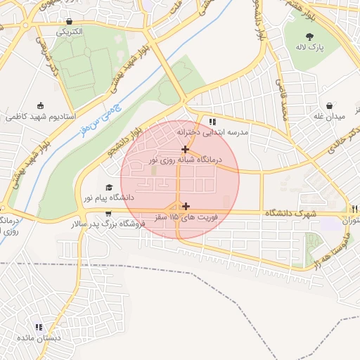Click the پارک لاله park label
pos(310,48)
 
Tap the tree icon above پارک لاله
pos(310,36)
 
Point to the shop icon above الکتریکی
pos(68,20)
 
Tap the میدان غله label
pos(328,117)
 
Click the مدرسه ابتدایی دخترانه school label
pos(212,132)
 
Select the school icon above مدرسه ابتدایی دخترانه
pos(212,122)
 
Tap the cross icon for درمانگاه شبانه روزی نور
pos(185,149)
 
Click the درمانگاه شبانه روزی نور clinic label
pos(184,160)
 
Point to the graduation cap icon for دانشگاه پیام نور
pos(108,188)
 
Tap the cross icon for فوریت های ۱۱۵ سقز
pos(186,207)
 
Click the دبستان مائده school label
pos(39,338)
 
